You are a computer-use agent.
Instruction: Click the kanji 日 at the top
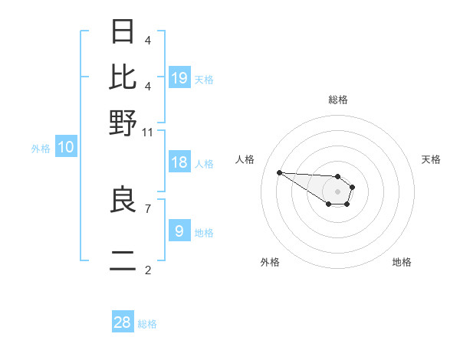[x=123, y=32]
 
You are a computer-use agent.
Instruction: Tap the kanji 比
[x=123, y=77]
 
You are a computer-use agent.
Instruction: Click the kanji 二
[x=123, y=263]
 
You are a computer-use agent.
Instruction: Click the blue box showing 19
[x=179, y=78]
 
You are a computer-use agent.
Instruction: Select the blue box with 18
[x=179, y=162]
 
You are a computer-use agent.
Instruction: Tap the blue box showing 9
[x=179, y=231]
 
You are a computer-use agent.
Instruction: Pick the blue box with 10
[x=66, y=148]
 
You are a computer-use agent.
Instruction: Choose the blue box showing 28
[x=123, y=322]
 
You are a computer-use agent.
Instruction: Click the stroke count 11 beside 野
[x=148, y=132]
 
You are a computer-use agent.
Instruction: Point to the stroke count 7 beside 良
[x=147, y=207]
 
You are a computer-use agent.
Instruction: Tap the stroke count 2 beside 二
[x=147, y=270]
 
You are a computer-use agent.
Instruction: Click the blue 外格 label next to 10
[x=41, y=149]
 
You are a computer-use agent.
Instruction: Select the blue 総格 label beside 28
[x=147, y=324]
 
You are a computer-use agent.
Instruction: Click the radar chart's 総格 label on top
[x=338, y=100]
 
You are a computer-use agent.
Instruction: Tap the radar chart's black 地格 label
[x=402, y=262]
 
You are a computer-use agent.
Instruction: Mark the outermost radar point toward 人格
[x=279, y=172]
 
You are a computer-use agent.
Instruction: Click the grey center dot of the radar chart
[x=338, y=191]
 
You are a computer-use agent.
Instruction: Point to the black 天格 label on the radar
[x=431, y=159]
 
